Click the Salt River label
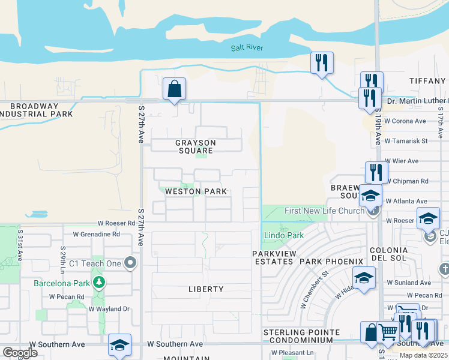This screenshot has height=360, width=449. (247, 48)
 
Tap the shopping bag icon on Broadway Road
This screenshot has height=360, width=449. (174, 89)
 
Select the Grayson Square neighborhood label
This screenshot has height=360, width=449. (195, 146)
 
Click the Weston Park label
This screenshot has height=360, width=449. (196, 191)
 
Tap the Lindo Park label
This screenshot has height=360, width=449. (284, 236)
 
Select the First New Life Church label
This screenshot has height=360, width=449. (324, 211)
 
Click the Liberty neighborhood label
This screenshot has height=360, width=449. (206, 289)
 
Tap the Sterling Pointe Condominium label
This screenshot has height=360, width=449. (301, 336)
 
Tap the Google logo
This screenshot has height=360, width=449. (20, 352)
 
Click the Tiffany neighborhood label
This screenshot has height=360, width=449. (427, 80)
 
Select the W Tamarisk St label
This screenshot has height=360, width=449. (405, 141)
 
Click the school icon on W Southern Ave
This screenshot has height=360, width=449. (120, 345)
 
